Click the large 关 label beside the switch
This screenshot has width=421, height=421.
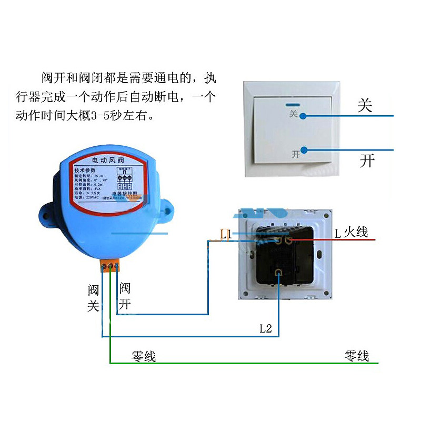[x=365, y=105]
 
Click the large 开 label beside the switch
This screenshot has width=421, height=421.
[x=367, y=160]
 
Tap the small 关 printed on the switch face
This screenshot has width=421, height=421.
[x=293, y=113]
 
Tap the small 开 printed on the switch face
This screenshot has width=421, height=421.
[x=296, y=154]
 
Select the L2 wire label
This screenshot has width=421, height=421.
[x=265, y=329]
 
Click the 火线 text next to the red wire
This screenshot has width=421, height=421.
[x=356, y=232]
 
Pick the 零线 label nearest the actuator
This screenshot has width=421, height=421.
[x=144, y=356]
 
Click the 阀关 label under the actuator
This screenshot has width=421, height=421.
[x=94, y=298]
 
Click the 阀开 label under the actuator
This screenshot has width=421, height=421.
[x=125, y=296]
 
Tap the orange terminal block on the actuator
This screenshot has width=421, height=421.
[x=110, y=266]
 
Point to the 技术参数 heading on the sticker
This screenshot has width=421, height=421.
[x=86, y=171]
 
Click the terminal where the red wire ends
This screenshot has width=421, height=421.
[x=288, y=240]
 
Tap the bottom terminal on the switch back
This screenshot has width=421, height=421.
[x=278, y=272]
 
